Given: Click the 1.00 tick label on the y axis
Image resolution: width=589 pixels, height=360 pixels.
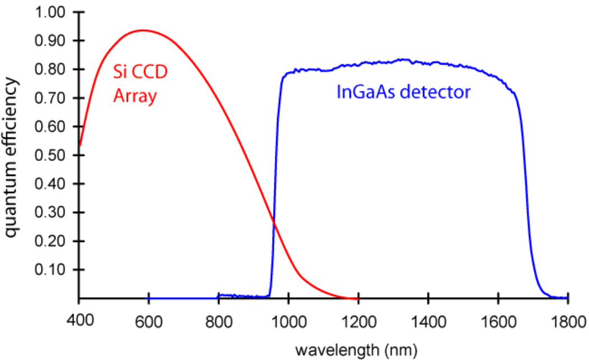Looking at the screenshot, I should tap(50, 12).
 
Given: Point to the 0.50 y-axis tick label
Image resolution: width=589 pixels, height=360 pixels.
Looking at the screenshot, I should tap(50, 155).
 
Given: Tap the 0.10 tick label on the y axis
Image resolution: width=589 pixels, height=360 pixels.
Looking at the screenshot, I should tap(50, 270).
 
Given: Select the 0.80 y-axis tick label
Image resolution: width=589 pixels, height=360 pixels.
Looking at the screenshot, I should tap(50, 70).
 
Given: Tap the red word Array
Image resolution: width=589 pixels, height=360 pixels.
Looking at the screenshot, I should tap(134, 96).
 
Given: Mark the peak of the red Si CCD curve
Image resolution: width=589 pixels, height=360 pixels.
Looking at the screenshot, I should tap(143, 30).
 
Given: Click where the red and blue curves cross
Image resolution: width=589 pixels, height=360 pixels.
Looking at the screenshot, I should tap(274, 223).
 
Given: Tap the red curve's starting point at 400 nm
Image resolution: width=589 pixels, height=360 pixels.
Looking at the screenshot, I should tap(80, 146).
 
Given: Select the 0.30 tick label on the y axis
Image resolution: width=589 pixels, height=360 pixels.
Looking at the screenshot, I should tap(50, 213).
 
